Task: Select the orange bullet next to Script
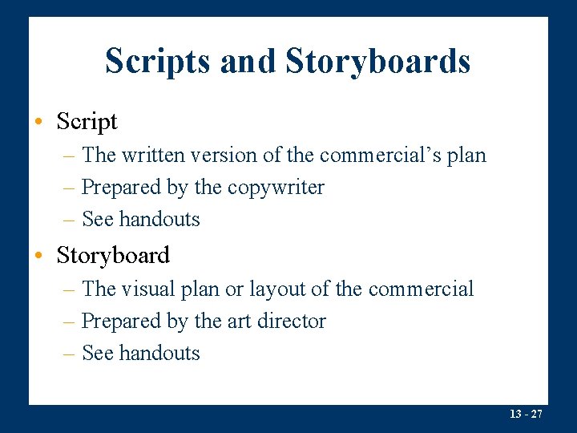(38, 122)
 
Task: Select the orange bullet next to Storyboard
(38, 256)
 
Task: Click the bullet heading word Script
(87, 122)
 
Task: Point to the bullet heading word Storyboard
(113, 256)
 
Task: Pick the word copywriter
(276, 188)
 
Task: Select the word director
(292, 322)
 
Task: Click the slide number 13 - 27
(526, 414)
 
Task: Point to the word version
(233, 155)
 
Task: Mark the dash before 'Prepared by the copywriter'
(71, 188)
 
